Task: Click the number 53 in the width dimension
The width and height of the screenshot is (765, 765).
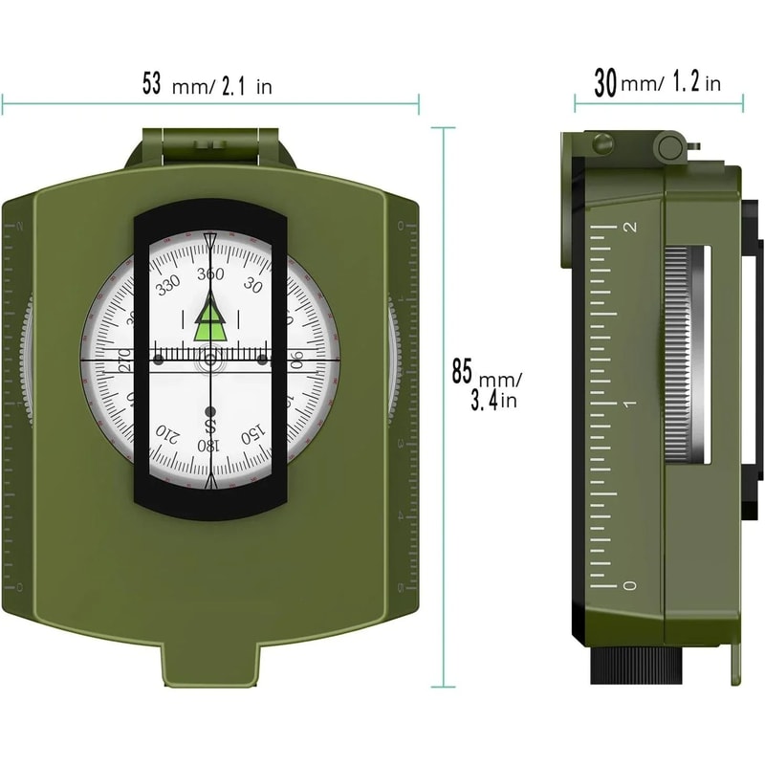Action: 151,83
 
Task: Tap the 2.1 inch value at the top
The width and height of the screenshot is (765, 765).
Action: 235,86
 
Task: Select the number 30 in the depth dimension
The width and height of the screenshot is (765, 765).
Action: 604,83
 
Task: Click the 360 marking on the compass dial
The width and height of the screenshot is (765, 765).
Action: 209,274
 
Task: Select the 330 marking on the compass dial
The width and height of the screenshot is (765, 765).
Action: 168,283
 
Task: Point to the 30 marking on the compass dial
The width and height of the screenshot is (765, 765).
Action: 253,284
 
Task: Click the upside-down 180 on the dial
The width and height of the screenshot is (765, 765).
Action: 208,446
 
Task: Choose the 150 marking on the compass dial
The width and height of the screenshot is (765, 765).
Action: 252,434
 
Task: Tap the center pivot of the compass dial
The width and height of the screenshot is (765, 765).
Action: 209,361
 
